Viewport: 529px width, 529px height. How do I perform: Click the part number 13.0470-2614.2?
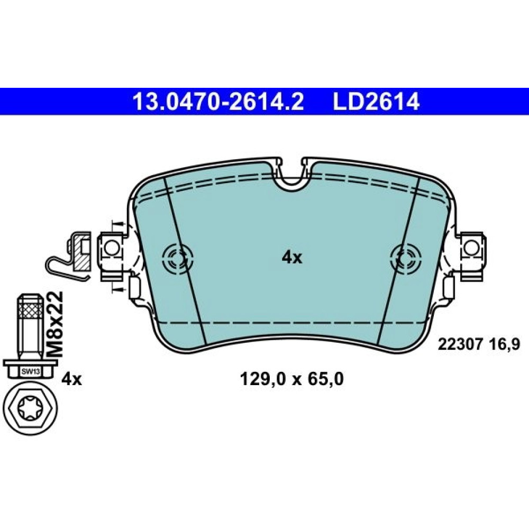[218, 101]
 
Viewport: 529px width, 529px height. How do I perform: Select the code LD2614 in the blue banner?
[376, 101]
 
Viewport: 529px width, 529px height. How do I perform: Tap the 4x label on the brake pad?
[292, 258]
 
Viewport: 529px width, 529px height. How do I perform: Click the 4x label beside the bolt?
[71, 379]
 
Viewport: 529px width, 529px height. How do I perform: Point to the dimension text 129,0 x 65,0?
[291, 379]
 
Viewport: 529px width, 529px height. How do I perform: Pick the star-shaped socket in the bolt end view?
[29, 408]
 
